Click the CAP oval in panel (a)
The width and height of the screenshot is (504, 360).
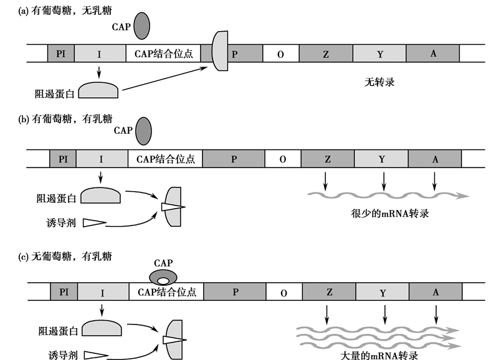point(142,26)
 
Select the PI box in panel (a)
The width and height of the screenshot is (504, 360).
point(61,54)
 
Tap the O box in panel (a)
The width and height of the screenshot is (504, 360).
point(280,54)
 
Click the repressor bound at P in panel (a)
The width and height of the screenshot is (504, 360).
point(220,51)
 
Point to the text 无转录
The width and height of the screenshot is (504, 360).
point(379,82)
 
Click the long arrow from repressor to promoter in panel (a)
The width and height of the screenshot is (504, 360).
point(165,78)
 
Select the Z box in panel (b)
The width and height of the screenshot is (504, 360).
point(328,159)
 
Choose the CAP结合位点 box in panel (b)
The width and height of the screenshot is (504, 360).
point(165,159)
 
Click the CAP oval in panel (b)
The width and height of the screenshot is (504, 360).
point(143,131)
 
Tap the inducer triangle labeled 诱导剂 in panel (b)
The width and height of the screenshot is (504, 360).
point(95,222)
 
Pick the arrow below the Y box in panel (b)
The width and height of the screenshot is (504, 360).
point(384,181)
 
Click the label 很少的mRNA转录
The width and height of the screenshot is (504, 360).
point(390,214)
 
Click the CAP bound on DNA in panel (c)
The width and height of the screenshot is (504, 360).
point(163,277)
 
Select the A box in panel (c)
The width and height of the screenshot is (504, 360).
point(435,292)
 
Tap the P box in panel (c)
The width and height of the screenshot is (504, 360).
point(235,292)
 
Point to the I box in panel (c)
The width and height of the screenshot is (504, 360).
point(103,292)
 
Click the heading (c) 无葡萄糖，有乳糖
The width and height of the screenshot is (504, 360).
point(65,256)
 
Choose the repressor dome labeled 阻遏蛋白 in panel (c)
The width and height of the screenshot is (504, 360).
point(102,328)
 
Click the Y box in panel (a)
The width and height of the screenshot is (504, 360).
point(379,54)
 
